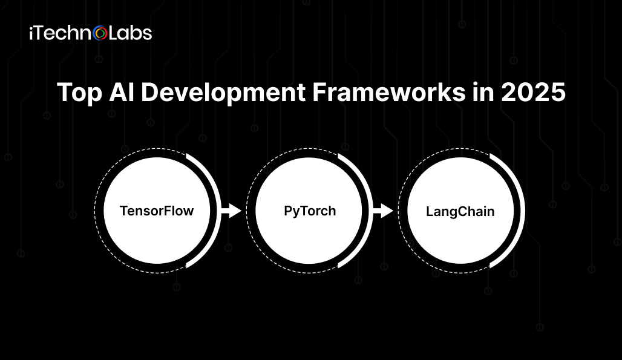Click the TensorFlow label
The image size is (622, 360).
tap(157, 211)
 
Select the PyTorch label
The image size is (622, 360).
tap(310, 211)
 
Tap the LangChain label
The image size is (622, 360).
tap(460, 212)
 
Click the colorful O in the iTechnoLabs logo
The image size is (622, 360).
tap(101, 33)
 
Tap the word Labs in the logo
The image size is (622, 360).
tap(130, 33)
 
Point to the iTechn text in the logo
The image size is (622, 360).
tap(61, 33)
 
